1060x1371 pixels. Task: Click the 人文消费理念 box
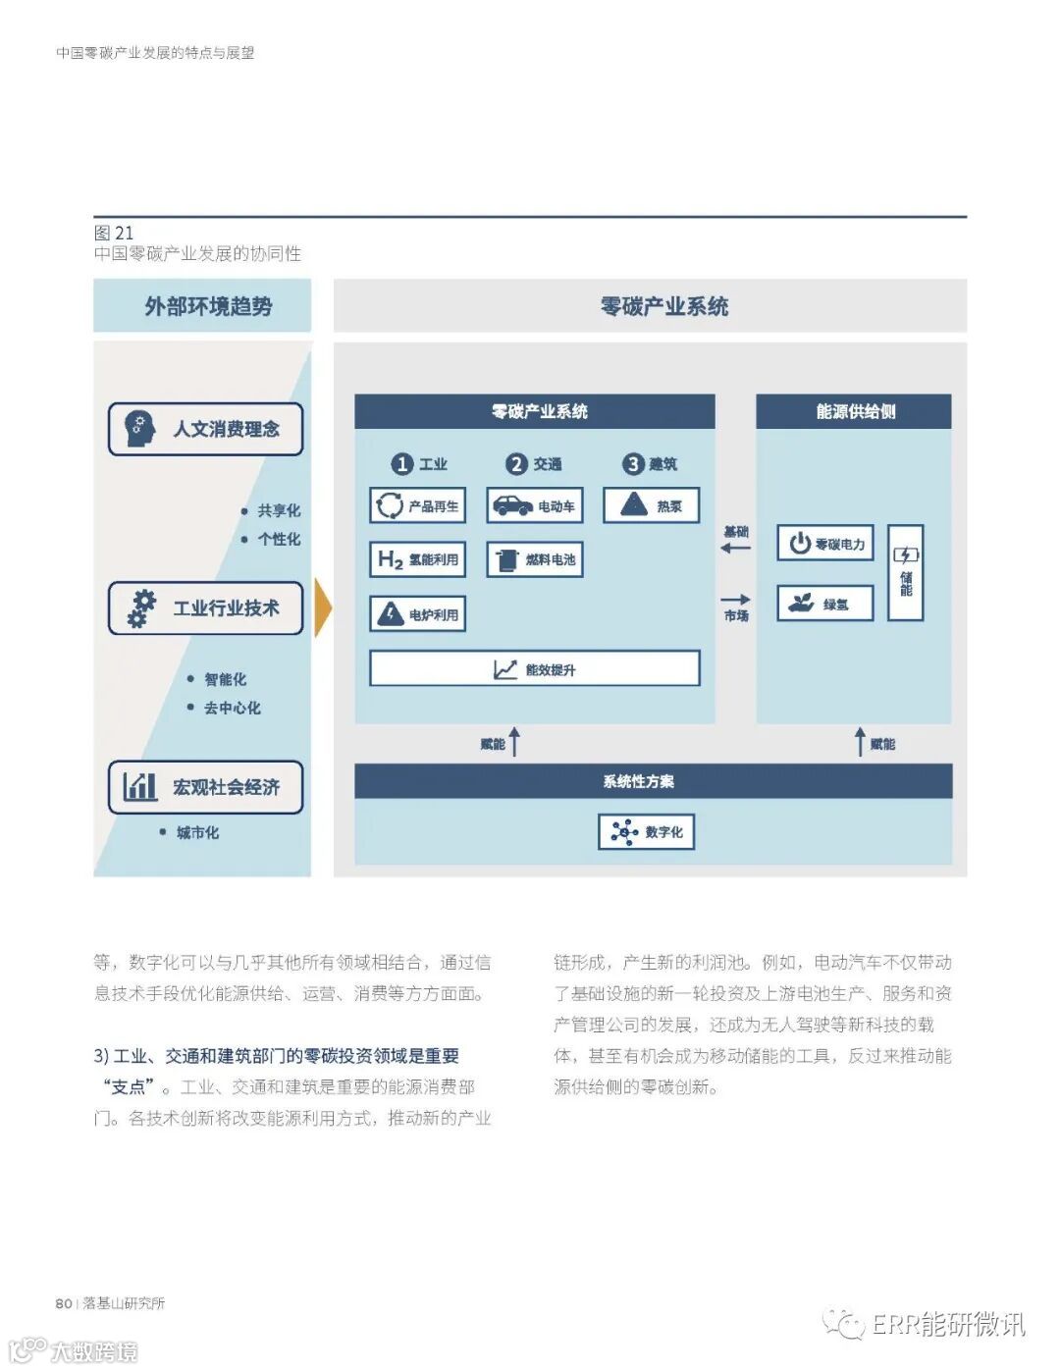pyautogui.click(x=205, y=429)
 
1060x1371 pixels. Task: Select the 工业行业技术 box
pyautogui.click(x=205, y=608)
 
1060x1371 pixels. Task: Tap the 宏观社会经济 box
pyautogui.click(x=205, y=787)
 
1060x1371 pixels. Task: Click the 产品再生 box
pyautogui.click(x=417, y=506)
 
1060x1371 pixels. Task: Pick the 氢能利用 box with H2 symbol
pyautogui.click(x=417, y=559)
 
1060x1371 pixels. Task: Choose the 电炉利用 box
pyautogui.click(x=417, y=614)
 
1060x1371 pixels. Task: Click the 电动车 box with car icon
pyautogui.click(x=535, y=506)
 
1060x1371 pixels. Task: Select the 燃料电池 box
pyautogui.click(x=535, y=559)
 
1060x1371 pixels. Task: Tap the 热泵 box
pyautogui.click(x=651, y=506)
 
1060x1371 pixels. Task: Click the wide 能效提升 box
pyautogui.click(x=535, y=669)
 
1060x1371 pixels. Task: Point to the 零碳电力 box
pyautogui.click(x=825, y=543)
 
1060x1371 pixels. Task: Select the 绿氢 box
pyautogui.click(x=825, y=604)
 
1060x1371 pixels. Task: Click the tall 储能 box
pyautogui.click(x=905, y=572)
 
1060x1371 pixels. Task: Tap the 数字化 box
pyautogui.click(x=647, y=831)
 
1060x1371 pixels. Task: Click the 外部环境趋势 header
pyautogui.click(x=202, y=306)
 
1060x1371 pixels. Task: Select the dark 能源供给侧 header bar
pyautogui.click(x=854, y=411)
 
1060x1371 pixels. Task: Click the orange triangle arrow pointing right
pyautogui.click(x=322, y=607)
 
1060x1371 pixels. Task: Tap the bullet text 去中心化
pyautogui.click(x=232, y=708)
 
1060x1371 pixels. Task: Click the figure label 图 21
pyautogui.click(x=114, y=233)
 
